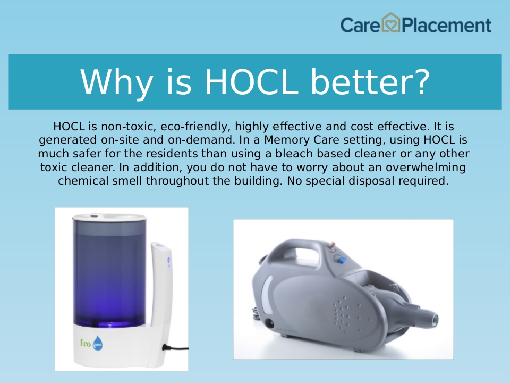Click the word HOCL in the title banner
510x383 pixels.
pos(251,82)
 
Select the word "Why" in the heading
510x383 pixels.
pos(116,83)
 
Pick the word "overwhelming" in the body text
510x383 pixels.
pos(426,168)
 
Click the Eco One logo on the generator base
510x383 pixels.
pos(91,343)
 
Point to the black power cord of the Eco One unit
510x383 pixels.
pos(175,348)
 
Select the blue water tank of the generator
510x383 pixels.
pos(109,273)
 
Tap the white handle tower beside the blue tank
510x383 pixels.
pos(161,287)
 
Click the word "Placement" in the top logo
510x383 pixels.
pos(447,26)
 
